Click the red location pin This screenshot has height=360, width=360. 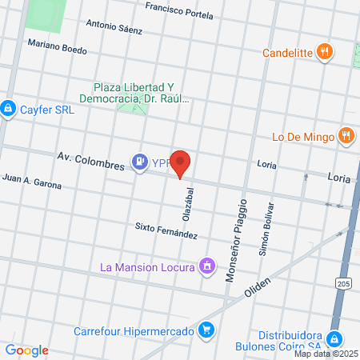point(182,163)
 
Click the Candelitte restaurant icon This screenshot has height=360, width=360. point(324,53)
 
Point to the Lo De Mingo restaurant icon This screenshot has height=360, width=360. point(346,136)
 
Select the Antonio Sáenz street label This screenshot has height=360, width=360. point(114,27)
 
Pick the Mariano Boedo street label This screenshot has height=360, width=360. point(57,48)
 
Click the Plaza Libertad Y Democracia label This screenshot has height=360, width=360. point(144,93)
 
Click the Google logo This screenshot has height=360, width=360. point(26,350)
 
